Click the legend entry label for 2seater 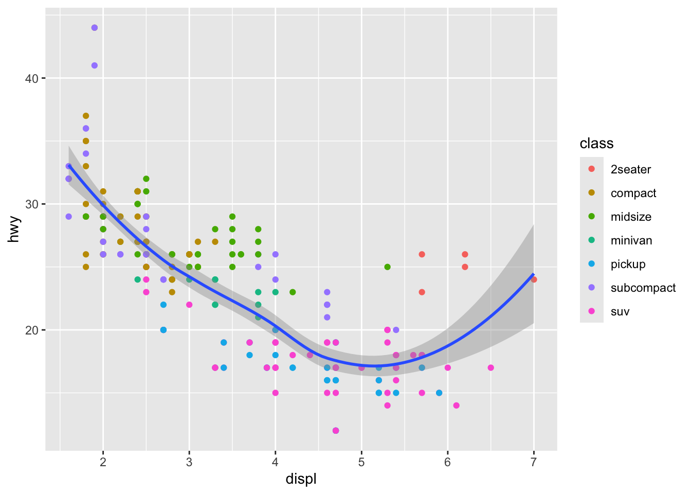click(630, 170)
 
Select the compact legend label click(633, 193)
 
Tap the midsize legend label click(631, 217)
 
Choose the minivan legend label click(631, 241)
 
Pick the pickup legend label click(628, 264)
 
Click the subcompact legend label click(643, 288)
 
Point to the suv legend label click(620, 312)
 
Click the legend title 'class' click(596, 144)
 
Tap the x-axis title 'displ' click(301, 480)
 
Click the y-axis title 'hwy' click(15, 229)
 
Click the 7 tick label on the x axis click(534, 462)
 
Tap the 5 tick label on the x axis click(361, 462)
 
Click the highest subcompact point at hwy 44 click(95, 28)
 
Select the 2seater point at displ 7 click(534, 279)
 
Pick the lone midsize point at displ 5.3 click(387, 267)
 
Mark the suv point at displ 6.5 click(490, 367)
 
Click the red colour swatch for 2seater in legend click(591, 169)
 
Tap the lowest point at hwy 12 click(336, 431)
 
